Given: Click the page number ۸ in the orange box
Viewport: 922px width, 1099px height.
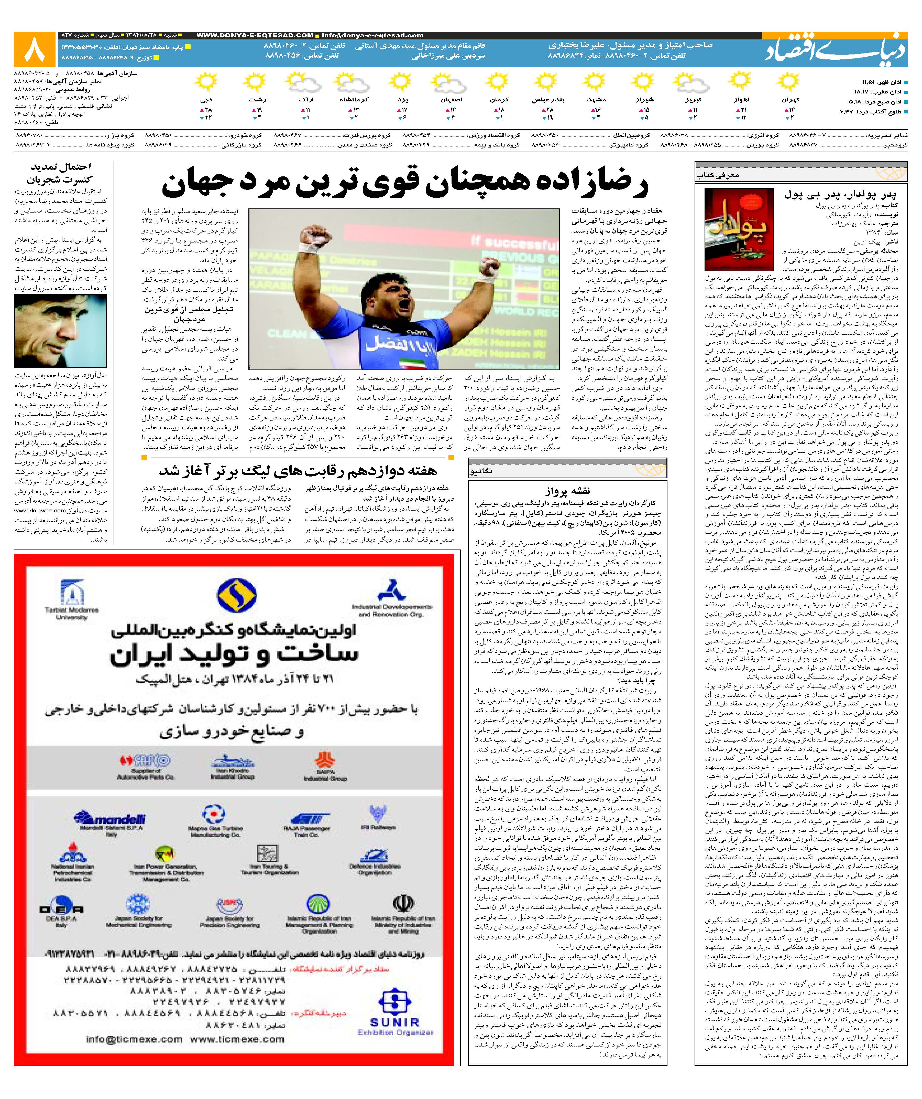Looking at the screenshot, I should click(35, 49).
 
